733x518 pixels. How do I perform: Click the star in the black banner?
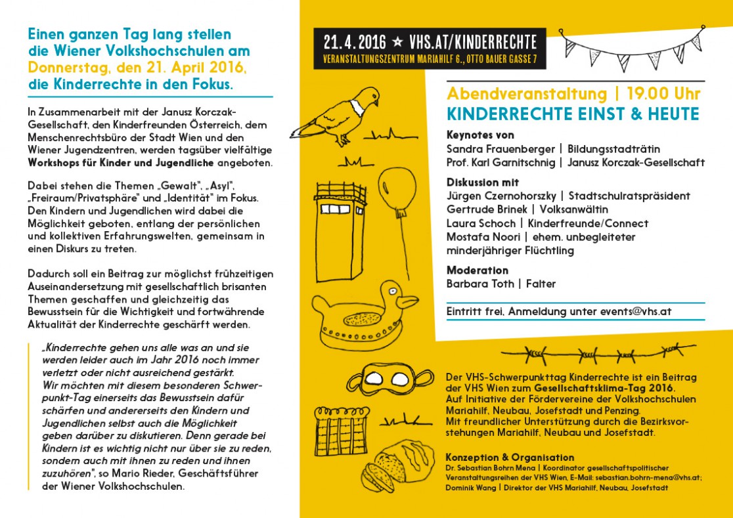coord(397,43)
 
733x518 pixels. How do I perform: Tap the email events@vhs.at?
coord(636,312)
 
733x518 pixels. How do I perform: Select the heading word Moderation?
coord(478,270)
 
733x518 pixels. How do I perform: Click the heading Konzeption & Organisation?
coord(510,457)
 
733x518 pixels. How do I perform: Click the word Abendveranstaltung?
coord(517,94)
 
